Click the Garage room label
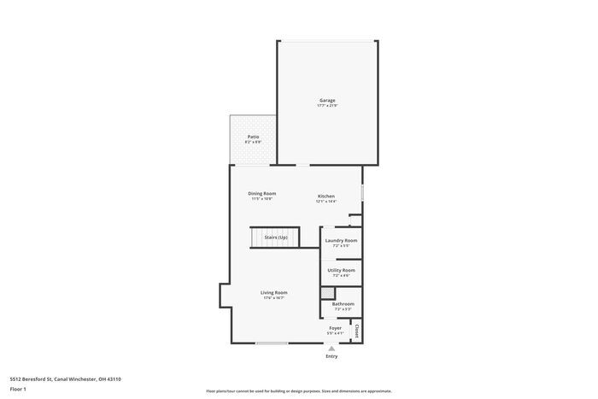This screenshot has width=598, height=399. [x=327, y=100]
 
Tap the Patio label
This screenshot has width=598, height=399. [x=254, y=137]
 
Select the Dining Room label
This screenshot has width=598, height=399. [x=262, y=193]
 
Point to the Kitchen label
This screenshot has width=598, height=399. [x=326, y=197]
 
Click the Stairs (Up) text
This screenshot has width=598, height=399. [x=275, y=237]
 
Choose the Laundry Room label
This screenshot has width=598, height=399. [x=341, y=240]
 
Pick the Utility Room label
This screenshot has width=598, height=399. [x=341, y=270]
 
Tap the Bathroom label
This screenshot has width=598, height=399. [x=343, y=303]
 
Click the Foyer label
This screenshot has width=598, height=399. [x=336, y=327]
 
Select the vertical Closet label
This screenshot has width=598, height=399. [x=356, y=329]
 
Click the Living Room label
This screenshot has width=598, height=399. [x=274, y=292]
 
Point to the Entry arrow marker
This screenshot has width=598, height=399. [x=331, y=348]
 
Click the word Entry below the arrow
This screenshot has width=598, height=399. [x=331, y=356]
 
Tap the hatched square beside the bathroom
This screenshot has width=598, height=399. [x=325, y=293]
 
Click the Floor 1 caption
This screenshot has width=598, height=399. [x=19, y=389]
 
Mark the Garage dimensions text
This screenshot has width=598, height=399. [x=327, y=105]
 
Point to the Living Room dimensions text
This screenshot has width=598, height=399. [x=274, y=297]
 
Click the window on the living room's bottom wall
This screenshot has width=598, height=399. [x=272, y=343]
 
